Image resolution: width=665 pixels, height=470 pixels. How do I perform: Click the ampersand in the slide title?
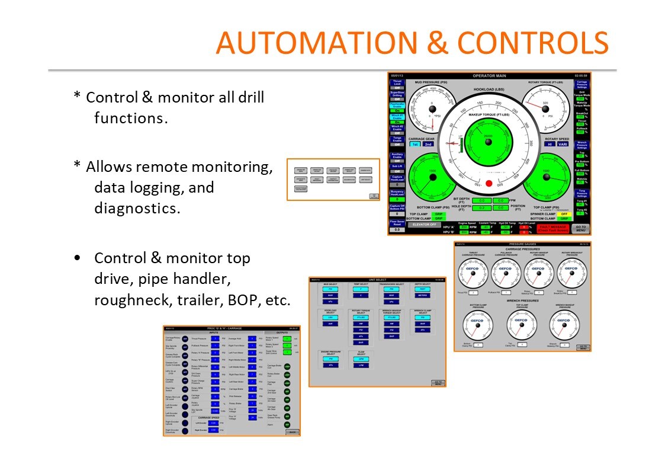[x=439, y=43]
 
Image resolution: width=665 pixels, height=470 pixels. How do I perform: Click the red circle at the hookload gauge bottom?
[x=489, y=184]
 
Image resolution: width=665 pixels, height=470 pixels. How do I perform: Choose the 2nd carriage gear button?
[x=428, y=144]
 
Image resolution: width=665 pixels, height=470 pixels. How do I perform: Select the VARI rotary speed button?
[x=563, y=144]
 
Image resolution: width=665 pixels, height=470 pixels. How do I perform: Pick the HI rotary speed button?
[x=550, y=144]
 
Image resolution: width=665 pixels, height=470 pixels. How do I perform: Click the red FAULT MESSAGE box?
[x=553, y=229]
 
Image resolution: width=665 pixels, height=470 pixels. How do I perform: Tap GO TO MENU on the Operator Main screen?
[x=580, y=228]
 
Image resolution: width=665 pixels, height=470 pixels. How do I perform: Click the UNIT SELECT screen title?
[x=377, y=279]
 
